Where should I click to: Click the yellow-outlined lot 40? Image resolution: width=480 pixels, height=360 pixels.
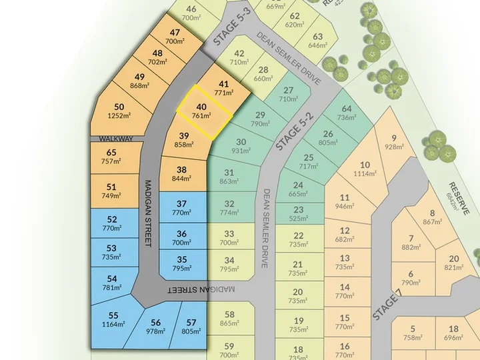(202, 111)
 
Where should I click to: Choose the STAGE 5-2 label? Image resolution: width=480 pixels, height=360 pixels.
(292, 123)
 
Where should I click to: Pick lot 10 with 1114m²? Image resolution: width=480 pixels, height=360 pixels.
(365, 169)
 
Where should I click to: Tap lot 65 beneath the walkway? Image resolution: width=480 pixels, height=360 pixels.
(111, 157)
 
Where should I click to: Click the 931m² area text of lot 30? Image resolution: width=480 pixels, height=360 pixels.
(241, 151)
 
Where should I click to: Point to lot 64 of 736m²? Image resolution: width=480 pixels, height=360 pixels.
(347, 113)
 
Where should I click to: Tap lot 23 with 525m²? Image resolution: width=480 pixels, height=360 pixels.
(298, 213)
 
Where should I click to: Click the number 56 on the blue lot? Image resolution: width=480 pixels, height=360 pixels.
(155, 322)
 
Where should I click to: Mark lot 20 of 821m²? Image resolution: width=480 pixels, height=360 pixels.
(454, 263)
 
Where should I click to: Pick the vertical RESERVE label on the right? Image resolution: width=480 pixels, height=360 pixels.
(459, 197)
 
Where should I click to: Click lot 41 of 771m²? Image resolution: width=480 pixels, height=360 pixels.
(224, 88)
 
